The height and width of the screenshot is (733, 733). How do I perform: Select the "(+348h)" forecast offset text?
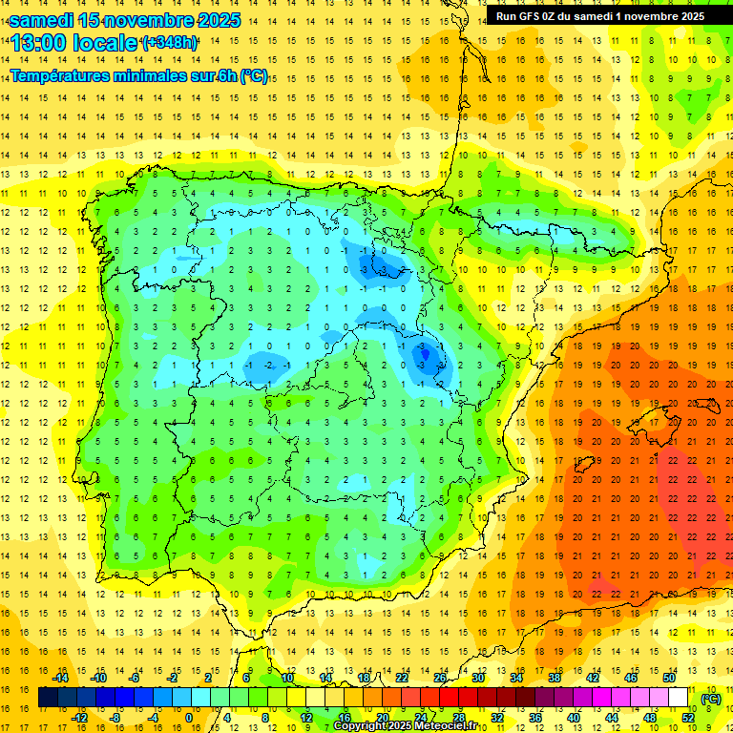point(170,42)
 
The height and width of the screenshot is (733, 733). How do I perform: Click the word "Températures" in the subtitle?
point(62,76)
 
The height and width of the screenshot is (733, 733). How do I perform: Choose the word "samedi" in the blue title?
point(41,19)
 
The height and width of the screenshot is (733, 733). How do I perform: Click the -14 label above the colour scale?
point(60,678)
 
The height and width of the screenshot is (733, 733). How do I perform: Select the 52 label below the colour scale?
point(688,718)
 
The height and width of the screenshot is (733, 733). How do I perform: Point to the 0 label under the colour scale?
point(188,718)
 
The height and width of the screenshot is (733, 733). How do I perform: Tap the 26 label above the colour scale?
point(440,678)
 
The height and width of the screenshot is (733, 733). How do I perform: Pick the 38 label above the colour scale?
point(555,678)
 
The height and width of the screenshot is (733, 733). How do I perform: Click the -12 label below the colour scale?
point(79,718)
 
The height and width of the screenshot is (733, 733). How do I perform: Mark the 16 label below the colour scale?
point(345,718)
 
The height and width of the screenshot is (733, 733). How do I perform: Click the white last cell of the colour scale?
point(679,698)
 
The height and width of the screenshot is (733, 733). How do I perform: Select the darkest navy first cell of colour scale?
point(48,698)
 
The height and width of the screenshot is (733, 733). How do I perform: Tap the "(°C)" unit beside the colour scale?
point(711,698)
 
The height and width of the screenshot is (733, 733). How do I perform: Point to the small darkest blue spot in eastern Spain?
point(427,359)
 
